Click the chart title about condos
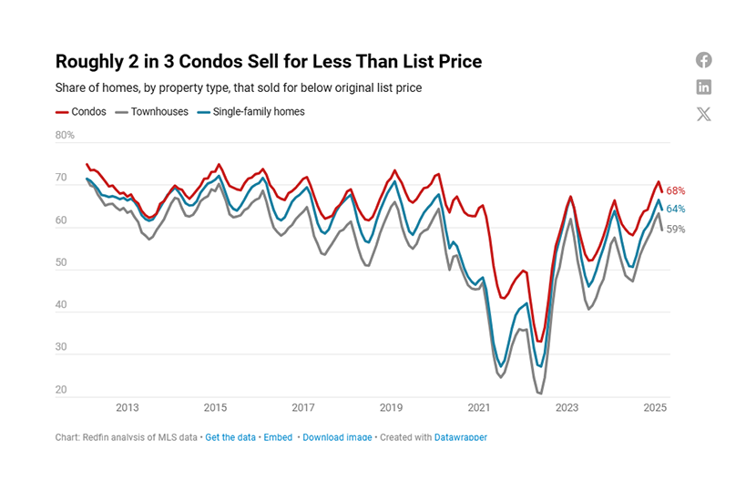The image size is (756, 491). [269, 62]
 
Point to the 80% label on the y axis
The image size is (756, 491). [65, 136]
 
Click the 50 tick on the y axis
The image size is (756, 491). [62, 263]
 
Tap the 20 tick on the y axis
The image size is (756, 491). [62, 391]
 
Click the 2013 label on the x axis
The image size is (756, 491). [127, 408]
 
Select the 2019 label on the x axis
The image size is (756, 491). [391, 408]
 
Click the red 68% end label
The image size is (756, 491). [675, 191]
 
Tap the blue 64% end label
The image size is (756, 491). [675, 210]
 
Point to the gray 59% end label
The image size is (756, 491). [675, 230]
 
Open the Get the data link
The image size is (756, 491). [230, 437]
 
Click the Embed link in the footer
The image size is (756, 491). [278, 437]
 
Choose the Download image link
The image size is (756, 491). [337, 437]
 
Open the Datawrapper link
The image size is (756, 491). [460, 437]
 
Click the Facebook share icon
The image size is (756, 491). [703, 60]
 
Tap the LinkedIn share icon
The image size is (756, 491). [703, 87]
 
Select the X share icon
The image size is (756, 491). [703, 114]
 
